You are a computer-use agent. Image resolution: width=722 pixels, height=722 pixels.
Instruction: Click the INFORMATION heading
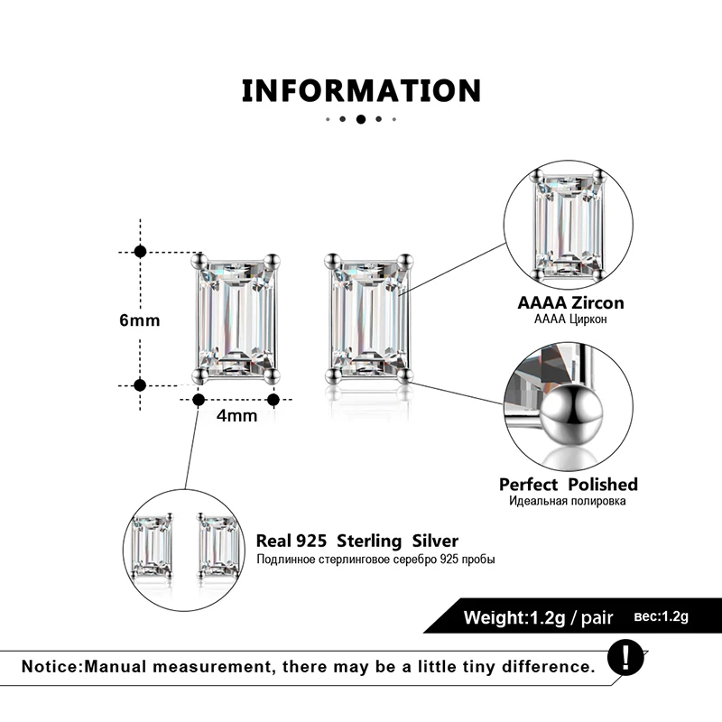tap(361, 91)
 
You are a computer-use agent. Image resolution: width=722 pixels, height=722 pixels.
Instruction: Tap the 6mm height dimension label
tap(140, 320)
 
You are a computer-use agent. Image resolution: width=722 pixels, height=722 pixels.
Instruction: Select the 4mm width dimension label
tap(237, 416)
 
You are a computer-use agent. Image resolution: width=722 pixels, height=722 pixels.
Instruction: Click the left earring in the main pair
tap(236, 319)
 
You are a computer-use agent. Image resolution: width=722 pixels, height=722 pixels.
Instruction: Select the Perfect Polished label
tap(569, 485)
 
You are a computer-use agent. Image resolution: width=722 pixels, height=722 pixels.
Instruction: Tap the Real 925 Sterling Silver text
tap(357, 541)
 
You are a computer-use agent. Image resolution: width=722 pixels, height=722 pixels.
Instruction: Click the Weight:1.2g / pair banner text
tap(538, 618)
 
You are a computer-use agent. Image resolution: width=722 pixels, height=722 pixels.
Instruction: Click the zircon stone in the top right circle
tap(568, 225)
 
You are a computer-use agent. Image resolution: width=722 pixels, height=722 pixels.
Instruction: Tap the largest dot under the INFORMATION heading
tap(361, 119)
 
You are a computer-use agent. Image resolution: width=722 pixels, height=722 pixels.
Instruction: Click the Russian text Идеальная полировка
tap(569, 502)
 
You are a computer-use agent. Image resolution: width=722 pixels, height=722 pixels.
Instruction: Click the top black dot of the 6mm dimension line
tap(140, 252)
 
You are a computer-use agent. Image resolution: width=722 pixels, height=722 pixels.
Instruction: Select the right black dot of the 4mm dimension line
tap(274, 399)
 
